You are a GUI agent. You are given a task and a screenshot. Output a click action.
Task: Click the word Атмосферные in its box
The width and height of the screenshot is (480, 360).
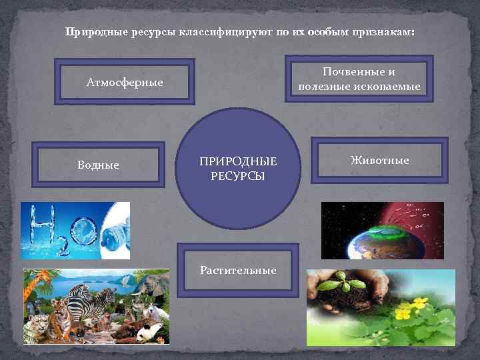pyautogui.click(x=125, y=83)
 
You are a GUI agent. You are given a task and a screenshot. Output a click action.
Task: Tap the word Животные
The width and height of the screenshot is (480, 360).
pyautogui.click(x=380, y=161)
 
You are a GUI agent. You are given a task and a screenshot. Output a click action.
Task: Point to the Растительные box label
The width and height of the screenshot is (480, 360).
pyautogui.click(x=238, y=270)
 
